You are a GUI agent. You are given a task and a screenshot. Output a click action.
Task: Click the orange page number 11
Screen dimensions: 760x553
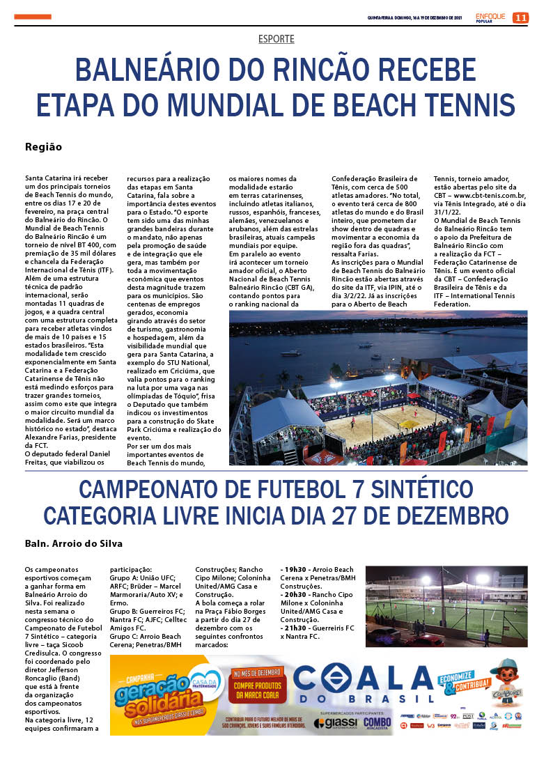coord(520,17)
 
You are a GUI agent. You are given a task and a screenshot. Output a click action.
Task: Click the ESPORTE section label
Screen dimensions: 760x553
coord(276,39)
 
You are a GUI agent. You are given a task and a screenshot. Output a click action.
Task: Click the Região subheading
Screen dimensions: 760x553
coord(43,147)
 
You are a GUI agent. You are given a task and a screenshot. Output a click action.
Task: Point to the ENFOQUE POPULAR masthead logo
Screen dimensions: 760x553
coord(491,17)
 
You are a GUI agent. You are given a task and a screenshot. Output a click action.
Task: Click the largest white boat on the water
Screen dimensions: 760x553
coord(290,353)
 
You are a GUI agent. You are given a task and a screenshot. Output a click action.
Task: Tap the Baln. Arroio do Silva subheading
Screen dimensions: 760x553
coord(73,543)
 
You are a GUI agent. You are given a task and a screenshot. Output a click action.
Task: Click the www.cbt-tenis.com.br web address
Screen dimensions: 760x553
coord(488,196)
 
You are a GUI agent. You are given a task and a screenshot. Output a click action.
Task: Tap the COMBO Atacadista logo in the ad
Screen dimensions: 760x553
coord(377,723)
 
